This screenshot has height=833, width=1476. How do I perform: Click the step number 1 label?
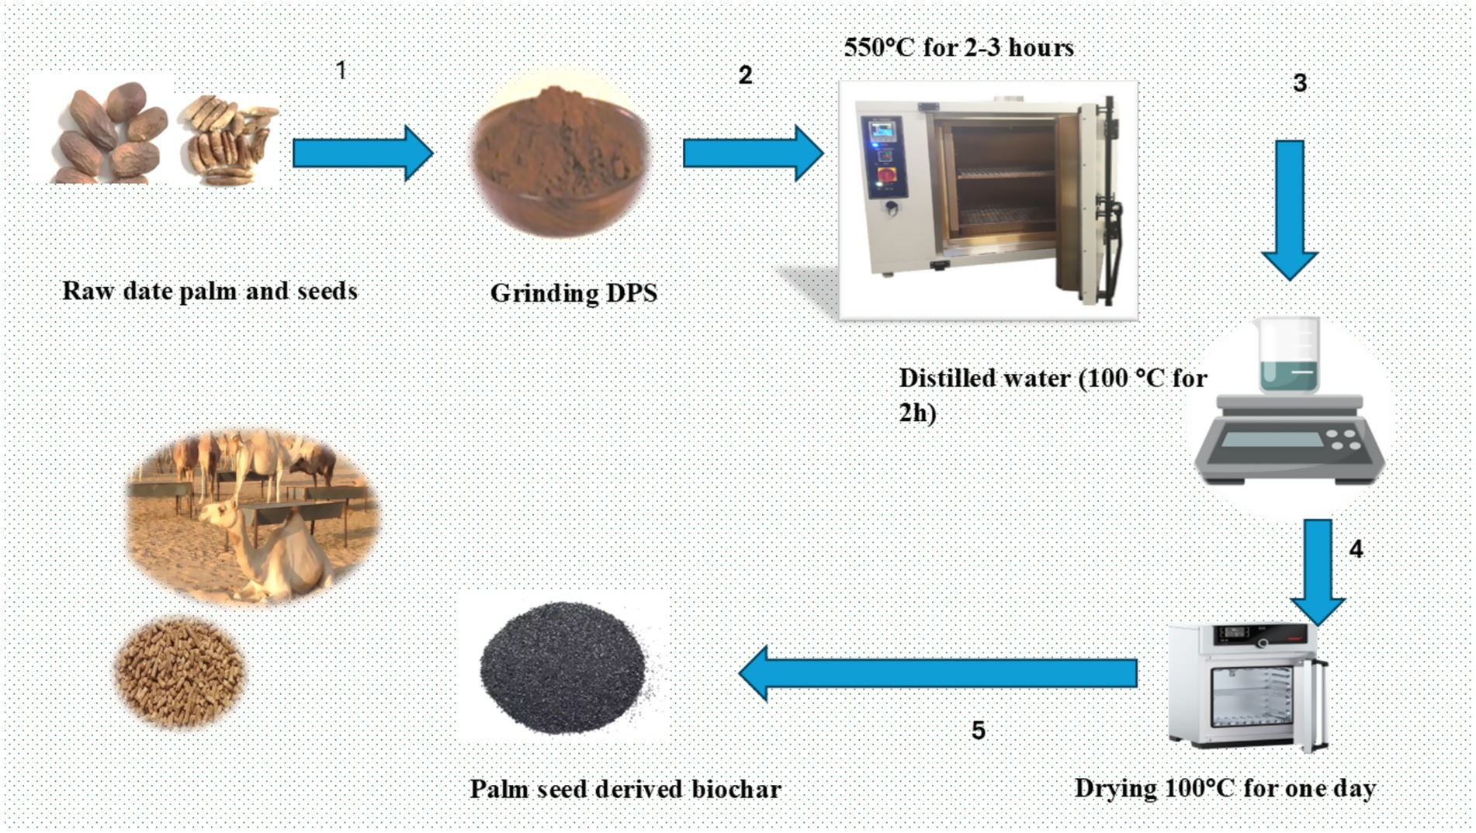[x=341, y=71]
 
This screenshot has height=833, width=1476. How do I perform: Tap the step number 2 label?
[x=745, y=75]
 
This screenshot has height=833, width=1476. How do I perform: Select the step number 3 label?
[x=1300, y=83]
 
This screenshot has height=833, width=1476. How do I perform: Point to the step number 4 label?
[x=1356, y=549]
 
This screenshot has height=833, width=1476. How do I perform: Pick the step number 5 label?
[x=978, y=730]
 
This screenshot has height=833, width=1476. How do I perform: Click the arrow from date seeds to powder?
[x=362, y=154]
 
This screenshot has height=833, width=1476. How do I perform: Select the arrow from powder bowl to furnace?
[x=752, y=154]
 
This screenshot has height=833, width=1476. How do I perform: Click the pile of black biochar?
[x=563, y=667]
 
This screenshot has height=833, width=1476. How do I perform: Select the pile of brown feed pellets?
[x=180, y=672]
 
